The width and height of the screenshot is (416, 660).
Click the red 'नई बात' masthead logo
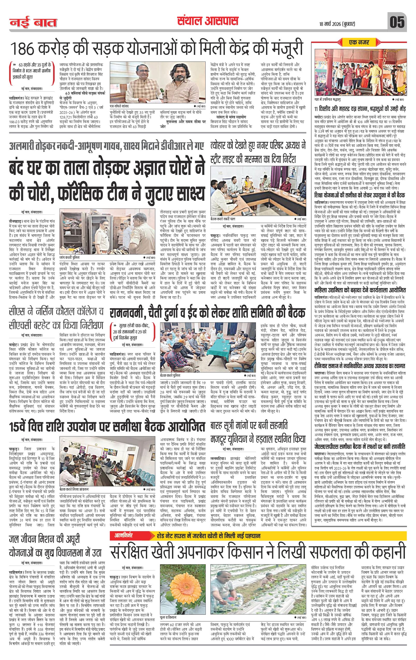33,23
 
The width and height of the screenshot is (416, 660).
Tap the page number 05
397,23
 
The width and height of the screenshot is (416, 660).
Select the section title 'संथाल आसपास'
207,21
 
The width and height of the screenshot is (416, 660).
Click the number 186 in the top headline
24,49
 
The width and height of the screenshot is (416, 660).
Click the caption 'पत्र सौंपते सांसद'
121,106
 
